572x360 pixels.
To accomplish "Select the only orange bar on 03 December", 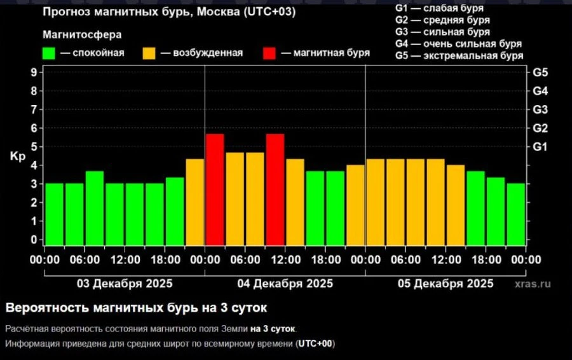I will click(195, 202).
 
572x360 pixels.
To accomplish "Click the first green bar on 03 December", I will click(55, 214).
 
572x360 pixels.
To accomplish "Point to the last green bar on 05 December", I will click(516, 214).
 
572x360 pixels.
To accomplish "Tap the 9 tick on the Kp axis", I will click(33, 73).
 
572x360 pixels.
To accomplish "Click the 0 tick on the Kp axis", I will click(33, 240).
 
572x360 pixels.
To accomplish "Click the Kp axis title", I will click(17, 156).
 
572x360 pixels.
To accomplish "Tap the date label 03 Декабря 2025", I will click(125, 283).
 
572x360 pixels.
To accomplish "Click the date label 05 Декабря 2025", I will click(446, 283).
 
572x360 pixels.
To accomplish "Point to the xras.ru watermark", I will click(533, 284).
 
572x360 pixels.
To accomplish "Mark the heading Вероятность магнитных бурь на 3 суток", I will click(137, 308).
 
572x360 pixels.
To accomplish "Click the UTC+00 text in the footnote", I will click(315, 344).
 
